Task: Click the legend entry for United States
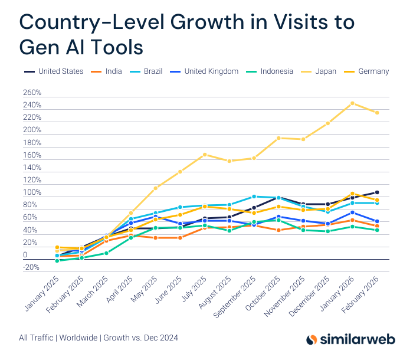coord(60,71)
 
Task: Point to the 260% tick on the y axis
coord(32,93)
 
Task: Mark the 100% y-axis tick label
coord(32,193)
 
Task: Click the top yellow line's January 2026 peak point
coord(352,103)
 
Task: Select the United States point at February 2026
coord(377,192)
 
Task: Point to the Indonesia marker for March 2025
coord(106,253)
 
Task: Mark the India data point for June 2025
coord(180,238)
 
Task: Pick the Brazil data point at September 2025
coord(254,197)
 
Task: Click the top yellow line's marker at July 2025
coord(205,155)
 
